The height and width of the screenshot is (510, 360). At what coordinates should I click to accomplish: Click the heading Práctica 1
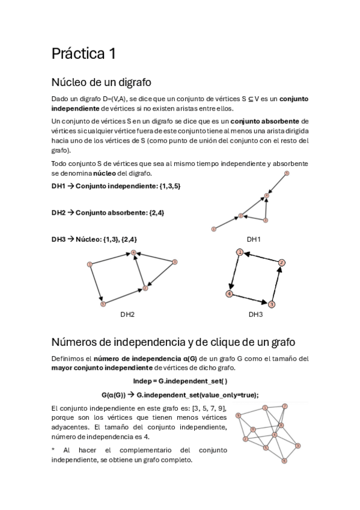point(84,54)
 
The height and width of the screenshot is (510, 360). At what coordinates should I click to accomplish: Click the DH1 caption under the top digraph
point(254,239)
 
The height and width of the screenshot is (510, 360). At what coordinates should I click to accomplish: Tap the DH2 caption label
point(127,314)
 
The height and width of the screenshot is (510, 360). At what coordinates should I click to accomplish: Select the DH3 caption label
point(256,314)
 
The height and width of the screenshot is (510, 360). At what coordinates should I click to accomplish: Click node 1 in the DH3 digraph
point(239,252)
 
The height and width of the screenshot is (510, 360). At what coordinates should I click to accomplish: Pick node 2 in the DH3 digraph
point(281,262)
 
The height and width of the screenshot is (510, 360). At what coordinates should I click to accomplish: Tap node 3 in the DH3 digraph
point(272,304)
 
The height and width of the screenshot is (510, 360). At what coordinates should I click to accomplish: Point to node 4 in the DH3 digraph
point(229,293)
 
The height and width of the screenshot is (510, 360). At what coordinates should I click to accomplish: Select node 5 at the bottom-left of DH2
point(103,304)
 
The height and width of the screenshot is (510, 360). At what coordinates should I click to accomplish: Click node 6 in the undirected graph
point(284,461)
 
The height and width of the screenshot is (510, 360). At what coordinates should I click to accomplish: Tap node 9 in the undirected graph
point(239,416)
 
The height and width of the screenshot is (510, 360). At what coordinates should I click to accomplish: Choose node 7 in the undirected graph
point(285,406)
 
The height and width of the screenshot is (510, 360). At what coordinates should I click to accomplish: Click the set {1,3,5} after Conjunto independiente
point(166,186)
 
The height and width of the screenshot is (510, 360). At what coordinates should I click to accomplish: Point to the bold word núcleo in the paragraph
point(113,173)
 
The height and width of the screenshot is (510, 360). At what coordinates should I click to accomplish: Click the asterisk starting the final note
point(53,450)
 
